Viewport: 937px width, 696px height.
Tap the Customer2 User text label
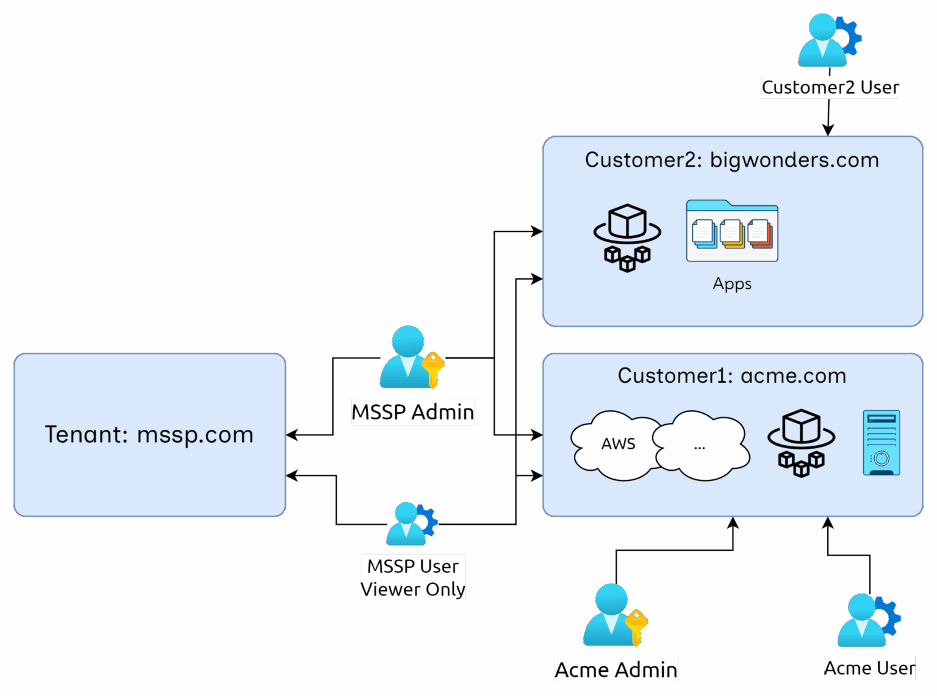click(830, 87)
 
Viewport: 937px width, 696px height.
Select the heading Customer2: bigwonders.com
click(731, 160)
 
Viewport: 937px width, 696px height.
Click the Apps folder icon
click(732, 231)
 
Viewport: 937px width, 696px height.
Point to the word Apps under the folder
click(732, 284)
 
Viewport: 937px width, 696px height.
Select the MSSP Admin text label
click(412, 412)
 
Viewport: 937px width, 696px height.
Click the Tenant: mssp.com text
click(149, 435)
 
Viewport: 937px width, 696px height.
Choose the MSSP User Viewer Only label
click(412, 578)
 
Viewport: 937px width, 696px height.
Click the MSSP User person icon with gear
click(407, 524)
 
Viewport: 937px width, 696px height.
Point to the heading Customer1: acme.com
click(731, 375)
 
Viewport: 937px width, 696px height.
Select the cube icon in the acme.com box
click(801, 443)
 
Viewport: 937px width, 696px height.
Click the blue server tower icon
click(881, 443)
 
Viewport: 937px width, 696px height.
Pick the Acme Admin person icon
click(611, 615)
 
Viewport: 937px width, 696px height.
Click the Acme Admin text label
click(616, 670)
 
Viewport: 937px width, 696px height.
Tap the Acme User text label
click(869, 668)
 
